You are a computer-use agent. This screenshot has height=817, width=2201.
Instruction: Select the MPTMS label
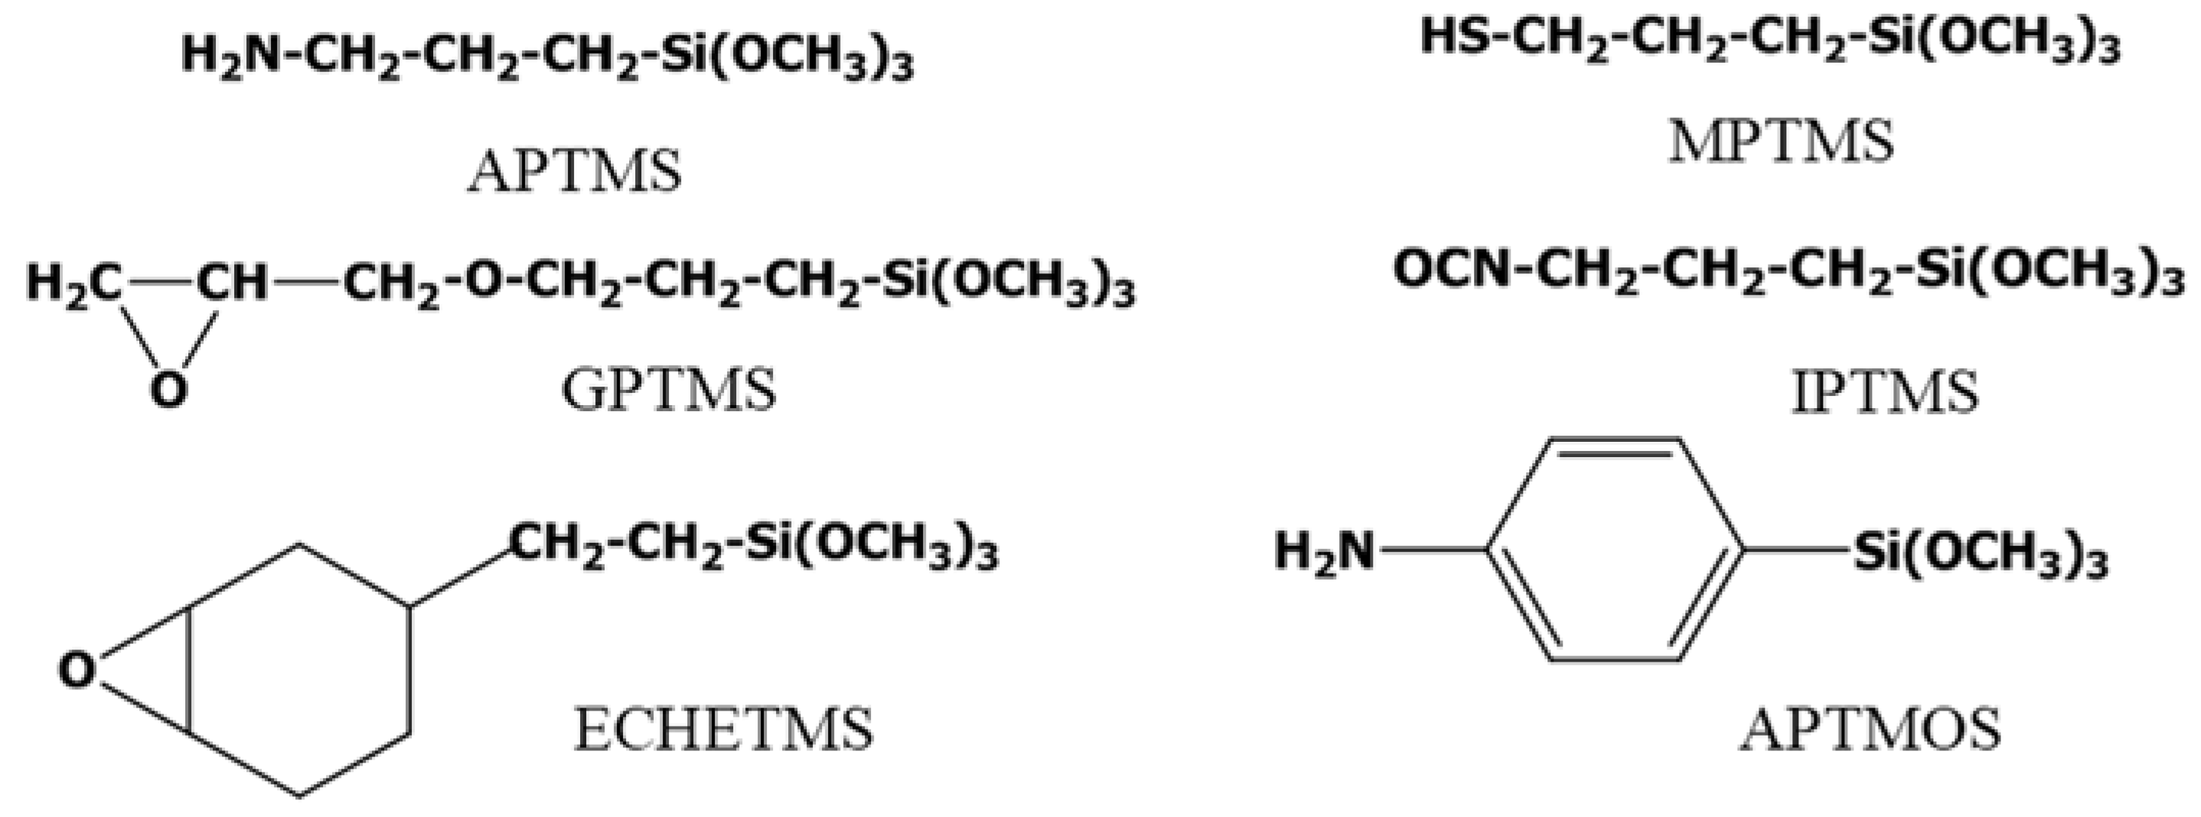point(1782,142)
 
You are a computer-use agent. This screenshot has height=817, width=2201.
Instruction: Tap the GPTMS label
point(668,390)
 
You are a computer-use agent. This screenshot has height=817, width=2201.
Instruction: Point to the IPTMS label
point(1884,393)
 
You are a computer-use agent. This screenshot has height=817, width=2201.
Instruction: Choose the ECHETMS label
point(724,730)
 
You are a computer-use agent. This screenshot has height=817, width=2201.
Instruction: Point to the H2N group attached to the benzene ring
point(1325,551)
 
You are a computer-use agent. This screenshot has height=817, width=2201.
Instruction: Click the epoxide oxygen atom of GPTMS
point(168,390)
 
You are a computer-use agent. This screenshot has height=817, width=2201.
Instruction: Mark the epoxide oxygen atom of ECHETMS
point(77,671)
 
